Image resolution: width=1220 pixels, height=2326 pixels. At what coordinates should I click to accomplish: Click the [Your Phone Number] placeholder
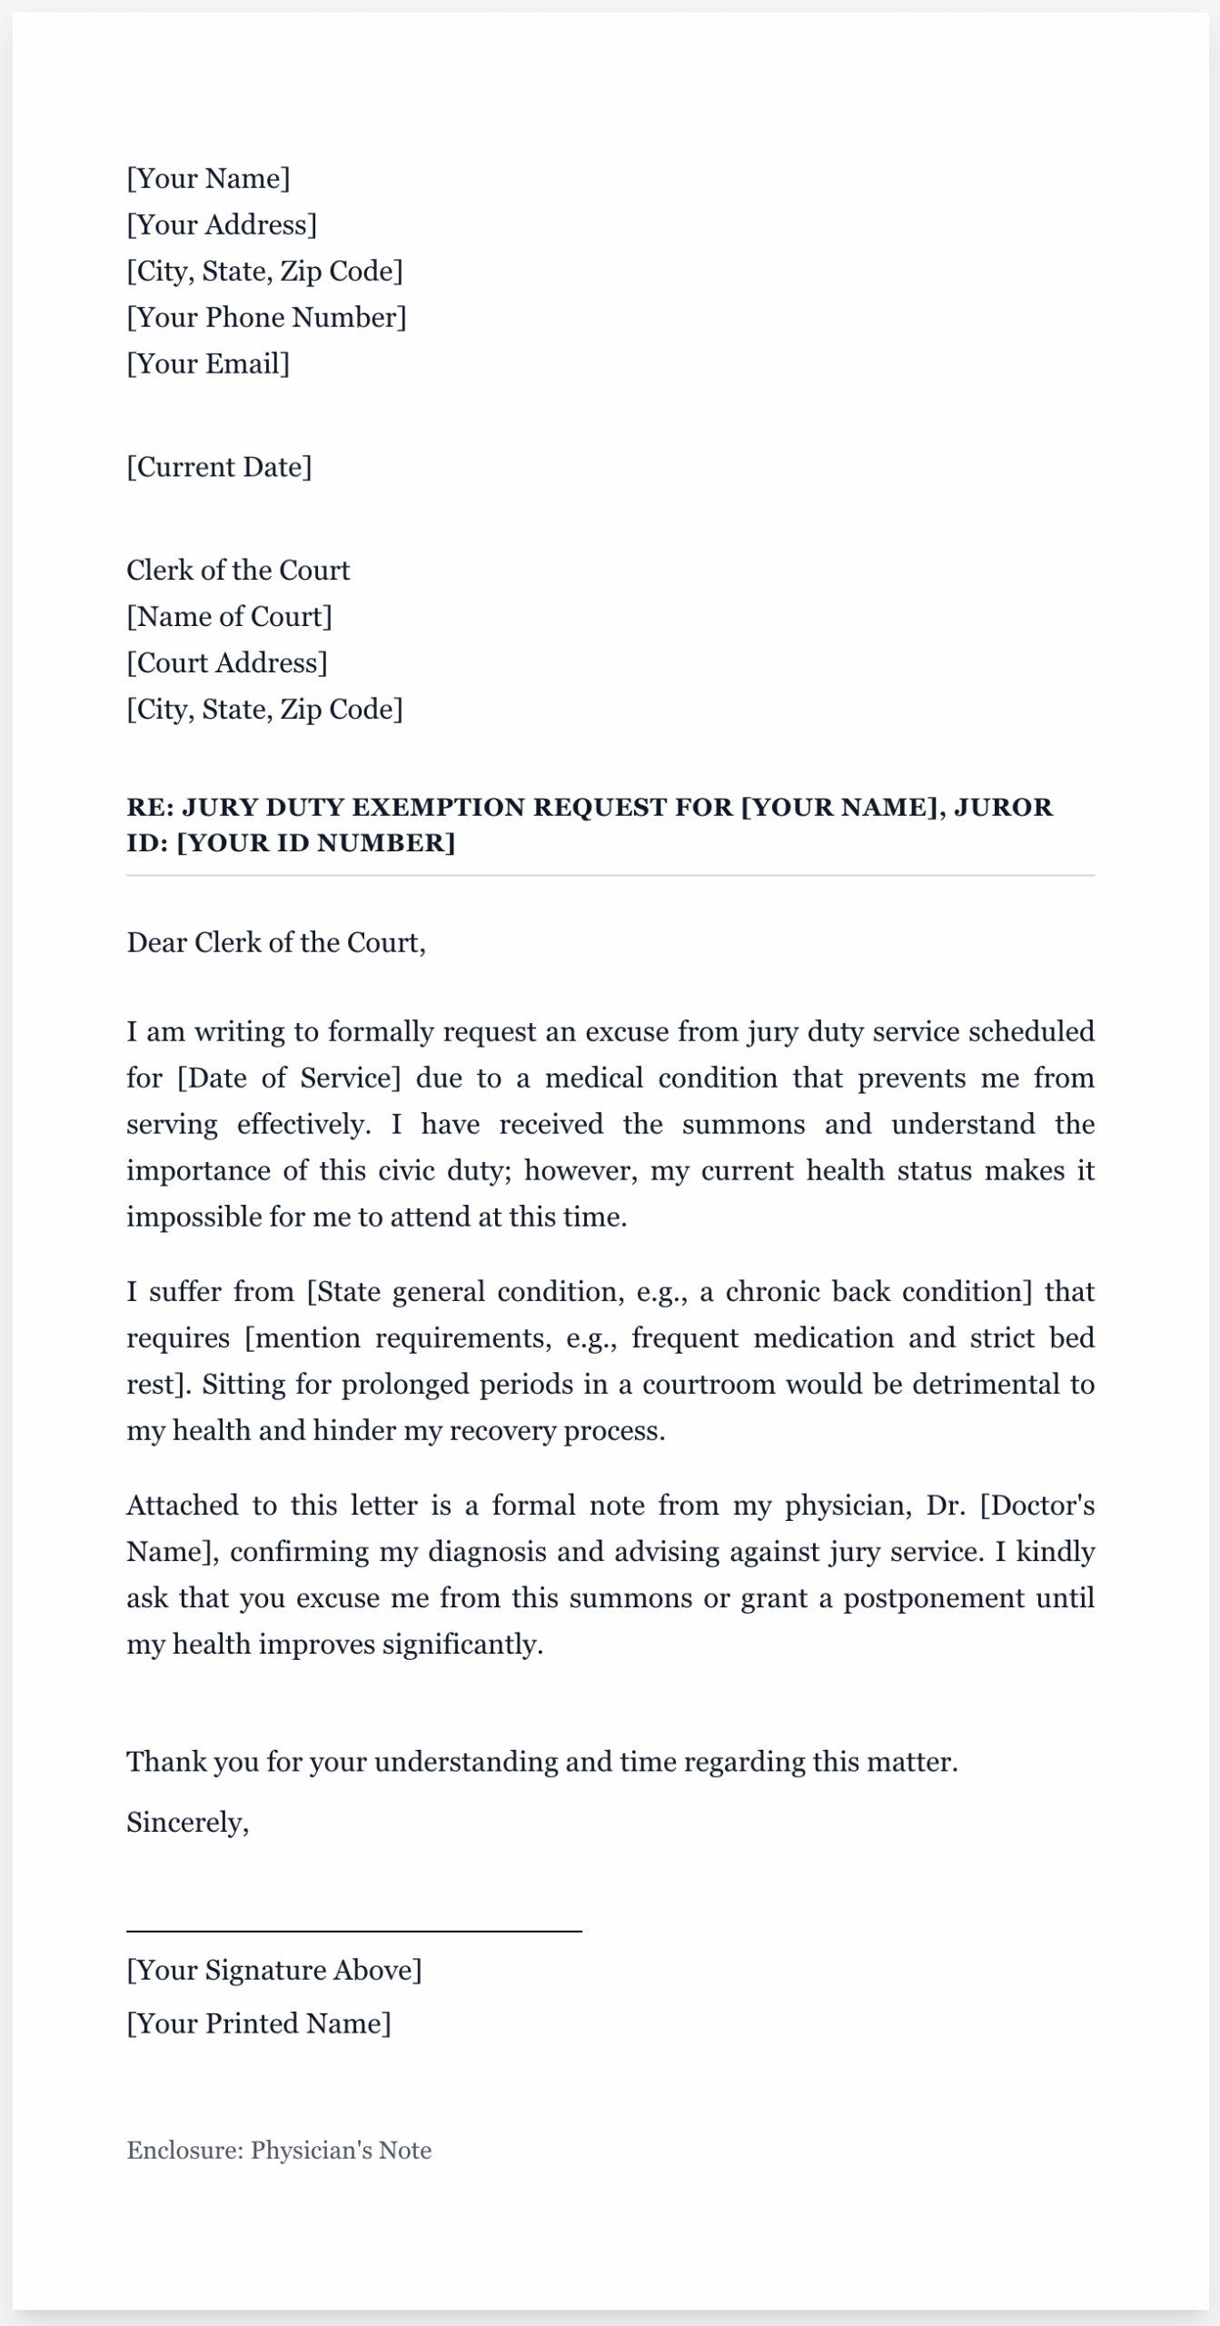coord(266,317)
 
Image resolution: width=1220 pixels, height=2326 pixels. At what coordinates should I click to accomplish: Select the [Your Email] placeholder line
coord(208,363)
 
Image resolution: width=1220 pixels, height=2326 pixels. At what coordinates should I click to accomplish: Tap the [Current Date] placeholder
coord(219,467)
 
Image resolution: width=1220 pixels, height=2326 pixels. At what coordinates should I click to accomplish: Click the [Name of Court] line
coord(229,616)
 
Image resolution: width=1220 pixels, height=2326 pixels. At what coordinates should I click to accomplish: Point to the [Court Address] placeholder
coord(227,662)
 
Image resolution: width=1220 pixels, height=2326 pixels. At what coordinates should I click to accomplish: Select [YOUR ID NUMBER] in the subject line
coord(315,842)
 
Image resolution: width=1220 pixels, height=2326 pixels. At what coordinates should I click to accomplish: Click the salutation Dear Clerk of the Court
coord(275,942)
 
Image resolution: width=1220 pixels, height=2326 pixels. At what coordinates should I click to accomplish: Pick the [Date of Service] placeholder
coord(289,1078)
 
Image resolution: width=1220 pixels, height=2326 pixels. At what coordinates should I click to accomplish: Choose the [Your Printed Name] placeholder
coord(259,2023)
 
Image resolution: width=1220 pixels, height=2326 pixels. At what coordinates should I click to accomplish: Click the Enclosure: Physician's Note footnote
coord(279,2150)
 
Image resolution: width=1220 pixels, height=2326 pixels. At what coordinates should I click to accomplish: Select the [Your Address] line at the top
coord(222,224)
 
